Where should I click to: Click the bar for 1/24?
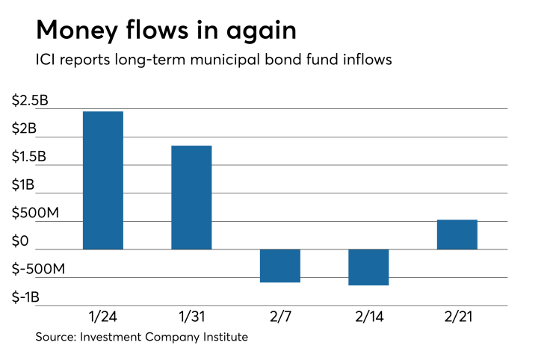coord(102,180)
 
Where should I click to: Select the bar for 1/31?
coord(191,197)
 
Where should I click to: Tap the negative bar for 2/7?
coord(279,266)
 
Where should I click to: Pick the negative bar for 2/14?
coord(368,267)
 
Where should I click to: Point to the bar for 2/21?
coord(457,235)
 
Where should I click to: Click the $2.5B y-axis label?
coord(31,101)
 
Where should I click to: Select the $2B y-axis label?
coord(25,128)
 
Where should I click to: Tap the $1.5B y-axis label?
coord(31,157)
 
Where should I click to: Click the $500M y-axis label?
coord(34,213)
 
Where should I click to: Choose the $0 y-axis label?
coord(21,241)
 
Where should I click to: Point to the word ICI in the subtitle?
coord(46,60)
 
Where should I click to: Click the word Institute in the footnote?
coord(223,338)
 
